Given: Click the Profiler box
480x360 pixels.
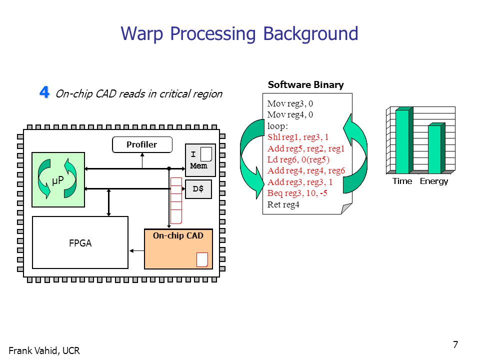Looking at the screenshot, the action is coord(142,144).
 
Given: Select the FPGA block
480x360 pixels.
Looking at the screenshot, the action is coord(80,242).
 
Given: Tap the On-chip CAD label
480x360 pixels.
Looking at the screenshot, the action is coord(178,235).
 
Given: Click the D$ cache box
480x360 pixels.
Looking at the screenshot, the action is coord(198,189).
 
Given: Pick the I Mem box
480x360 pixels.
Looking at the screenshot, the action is coord(200,160).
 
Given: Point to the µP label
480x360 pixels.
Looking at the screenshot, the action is coord(58,180).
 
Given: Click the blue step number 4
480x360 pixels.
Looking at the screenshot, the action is coord(44,92).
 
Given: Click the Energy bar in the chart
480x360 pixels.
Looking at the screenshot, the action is coord(436,148).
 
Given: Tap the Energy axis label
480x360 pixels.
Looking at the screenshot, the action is coord(434,181).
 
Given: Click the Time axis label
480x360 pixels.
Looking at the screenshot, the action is coord(402,181).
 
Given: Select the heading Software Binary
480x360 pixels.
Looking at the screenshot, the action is coord(305,85).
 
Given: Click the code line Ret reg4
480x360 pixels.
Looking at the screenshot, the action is coord(283,204).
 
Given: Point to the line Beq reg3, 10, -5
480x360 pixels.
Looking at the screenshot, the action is coord(297,193).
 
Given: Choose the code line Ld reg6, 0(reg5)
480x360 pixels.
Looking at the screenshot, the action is coord(298,159).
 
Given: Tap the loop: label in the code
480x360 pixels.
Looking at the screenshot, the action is coord(277,126).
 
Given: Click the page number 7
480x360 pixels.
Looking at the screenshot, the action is coord(455,344).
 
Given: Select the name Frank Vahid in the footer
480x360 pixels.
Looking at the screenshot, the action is coord(33,350).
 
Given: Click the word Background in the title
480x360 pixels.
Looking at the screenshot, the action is coord(310,33).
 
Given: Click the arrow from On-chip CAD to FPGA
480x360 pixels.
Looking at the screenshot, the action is coord(136,251).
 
